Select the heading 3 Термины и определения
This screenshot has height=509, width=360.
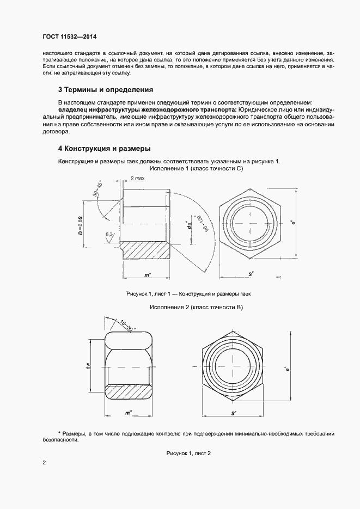(105, 89)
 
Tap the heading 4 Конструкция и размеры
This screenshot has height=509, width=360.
(104, 149)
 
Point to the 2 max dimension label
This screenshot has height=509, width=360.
(138, 178)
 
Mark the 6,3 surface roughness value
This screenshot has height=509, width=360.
(109, 235)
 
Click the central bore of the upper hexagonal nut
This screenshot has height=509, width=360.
(251, 223)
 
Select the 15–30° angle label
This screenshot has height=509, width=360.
(128, 326)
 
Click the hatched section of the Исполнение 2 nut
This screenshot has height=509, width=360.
(130, 393)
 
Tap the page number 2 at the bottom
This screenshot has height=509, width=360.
(44, 463)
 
